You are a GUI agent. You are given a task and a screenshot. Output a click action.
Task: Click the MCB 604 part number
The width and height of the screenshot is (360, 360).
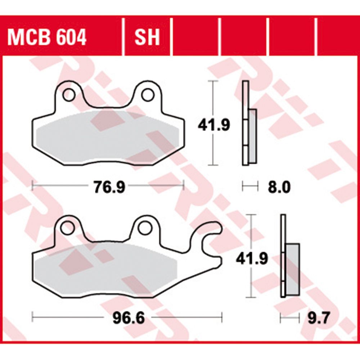[x=47, y=37]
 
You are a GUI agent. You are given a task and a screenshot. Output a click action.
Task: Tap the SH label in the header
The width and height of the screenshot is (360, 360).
[x=147, y=37]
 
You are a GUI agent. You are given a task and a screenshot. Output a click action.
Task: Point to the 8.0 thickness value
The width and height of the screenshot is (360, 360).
[x=279, y=187]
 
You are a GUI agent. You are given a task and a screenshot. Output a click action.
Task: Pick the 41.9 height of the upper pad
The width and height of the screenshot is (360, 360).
[x=214, y=125]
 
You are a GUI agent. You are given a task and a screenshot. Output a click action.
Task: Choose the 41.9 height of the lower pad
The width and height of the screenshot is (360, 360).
[x=252, y=259]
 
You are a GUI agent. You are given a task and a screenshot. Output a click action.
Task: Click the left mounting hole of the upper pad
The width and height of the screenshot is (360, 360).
[x=69, y=95]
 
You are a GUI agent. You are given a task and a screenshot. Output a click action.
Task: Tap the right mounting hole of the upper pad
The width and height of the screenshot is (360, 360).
[x=148, y=95]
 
